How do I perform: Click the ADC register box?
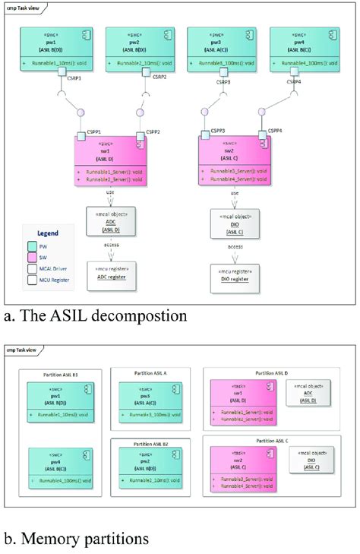(x=111, y=274)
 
